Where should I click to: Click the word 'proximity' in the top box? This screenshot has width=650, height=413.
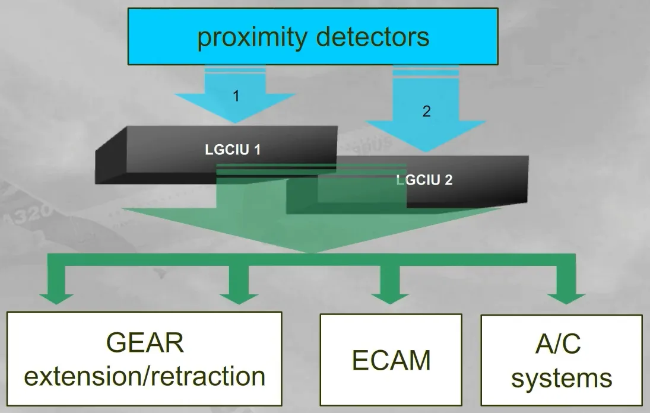tap(252, 37)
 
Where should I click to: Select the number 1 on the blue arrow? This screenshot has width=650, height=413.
tap(236, 96)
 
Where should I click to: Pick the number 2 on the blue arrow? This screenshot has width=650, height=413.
tap(427, 111)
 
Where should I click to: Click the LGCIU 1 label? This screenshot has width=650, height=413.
tap(233, 150)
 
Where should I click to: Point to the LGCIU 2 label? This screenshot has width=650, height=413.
tap(424, 180)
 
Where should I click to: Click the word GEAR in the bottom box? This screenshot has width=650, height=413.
tap(145, 342)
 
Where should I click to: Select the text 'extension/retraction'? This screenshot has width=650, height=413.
tap(145, 376)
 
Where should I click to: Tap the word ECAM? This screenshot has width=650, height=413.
tap(391, 360)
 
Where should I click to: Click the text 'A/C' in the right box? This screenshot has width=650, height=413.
tap(558, 344)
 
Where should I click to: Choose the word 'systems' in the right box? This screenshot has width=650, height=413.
tap(562, 378)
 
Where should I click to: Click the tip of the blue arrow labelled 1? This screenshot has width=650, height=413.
tap(235, 123)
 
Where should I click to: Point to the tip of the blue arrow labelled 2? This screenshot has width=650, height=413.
tap(426, 152)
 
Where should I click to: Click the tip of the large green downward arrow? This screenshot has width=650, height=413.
tap(313, 253)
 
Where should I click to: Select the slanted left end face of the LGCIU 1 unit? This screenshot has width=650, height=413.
tap(110, 155)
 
